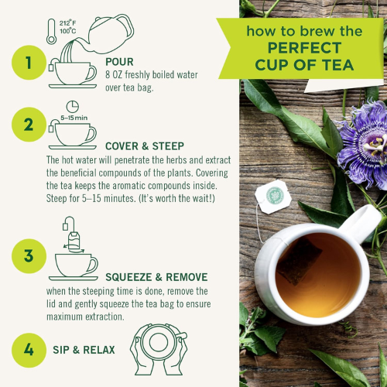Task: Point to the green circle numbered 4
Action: [x=29, y=350]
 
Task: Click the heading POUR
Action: [x=120, y=60]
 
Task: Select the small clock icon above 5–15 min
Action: [x=71, y=106]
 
